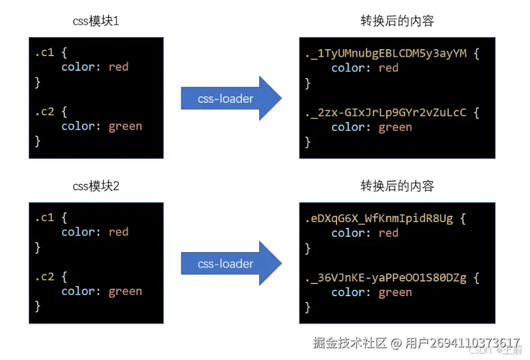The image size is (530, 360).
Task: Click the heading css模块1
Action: [96, 21]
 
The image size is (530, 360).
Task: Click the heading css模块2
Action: [96, 186]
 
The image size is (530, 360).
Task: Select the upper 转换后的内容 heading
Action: [397, 21]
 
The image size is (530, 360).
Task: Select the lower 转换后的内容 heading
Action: [397, 186]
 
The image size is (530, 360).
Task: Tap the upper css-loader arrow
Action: [230, 98]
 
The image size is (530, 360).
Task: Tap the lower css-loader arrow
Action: [230, 263]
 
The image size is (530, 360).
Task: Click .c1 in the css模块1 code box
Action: [44, 52]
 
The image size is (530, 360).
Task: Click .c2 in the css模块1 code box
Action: [44, 112]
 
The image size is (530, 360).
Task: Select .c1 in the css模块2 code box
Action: [44, 218]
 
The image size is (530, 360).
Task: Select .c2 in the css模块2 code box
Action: [44, 276]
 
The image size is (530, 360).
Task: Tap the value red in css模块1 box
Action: [118, 67]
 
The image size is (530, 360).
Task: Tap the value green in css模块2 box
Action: [125, 291]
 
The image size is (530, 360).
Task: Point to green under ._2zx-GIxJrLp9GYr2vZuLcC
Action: [395, 127]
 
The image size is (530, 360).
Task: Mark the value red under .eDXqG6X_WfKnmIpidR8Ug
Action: [388, 233]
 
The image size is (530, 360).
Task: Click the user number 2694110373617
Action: [474, 343]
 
